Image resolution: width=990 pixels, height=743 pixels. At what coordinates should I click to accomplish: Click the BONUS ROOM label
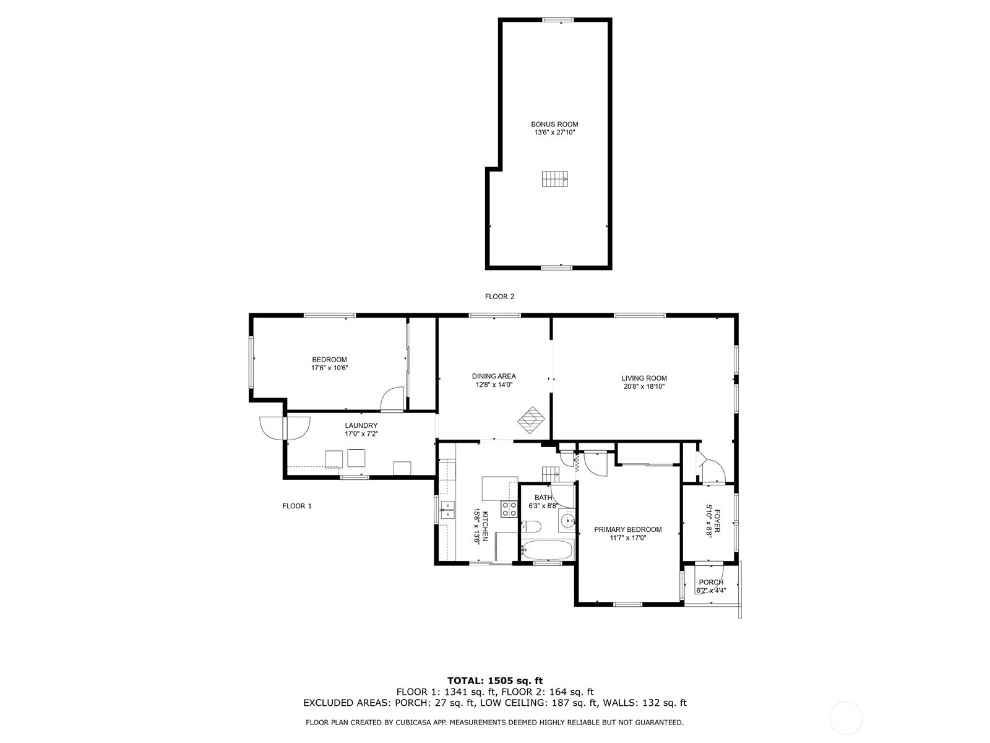click(x=554, y=124)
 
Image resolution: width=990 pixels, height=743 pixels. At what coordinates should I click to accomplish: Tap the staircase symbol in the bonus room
click(x=555, y=179)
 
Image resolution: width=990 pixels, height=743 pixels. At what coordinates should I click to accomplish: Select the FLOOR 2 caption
click(x=499, y=297)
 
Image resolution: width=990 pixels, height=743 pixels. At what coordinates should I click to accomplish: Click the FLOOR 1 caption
click(x=297, y=506)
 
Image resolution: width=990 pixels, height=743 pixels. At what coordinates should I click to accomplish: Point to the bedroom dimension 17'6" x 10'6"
click(x=329, y=368)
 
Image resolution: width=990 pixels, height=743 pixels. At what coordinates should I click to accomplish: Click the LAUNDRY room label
click(x=361, y=425)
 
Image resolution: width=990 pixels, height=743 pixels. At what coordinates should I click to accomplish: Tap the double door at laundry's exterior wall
click(x=285, y=427)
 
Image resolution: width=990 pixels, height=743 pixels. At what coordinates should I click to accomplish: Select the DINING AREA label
click(x=494, y=376)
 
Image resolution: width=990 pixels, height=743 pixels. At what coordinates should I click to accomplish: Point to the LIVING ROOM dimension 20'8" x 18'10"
click(x=644, y=386)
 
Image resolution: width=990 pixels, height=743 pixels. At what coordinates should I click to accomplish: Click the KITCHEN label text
click(x=486, y=526)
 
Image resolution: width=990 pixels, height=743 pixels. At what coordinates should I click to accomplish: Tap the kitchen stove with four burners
click(x=509, y=509)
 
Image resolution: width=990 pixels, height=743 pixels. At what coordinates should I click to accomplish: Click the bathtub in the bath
click(x=548, y=549)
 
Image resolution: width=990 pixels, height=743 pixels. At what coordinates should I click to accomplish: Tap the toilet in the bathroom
click(x=532, y=527)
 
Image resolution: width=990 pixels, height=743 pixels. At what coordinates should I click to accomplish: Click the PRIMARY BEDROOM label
click(x=627, y=529)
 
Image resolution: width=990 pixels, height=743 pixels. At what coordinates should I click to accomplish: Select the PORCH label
click(x=711, y=582)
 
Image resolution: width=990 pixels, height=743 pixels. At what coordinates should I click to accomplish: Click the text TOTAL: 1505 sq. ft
click(x=495, y=680)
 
